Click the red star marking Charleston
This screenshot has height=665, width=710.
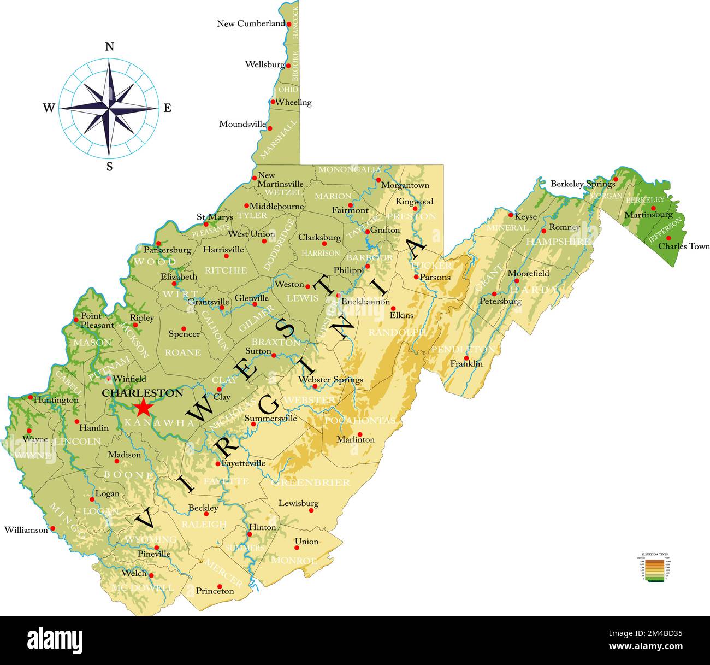pos(143,408)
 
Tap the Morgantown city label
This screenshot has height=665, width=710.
pos(405,185)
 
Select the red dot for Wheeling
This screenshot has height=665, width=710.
pos(273,102)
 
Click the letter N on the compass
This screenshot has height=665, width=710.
pos(109,46)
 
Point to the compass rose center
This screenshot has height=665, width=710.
pos(109,108)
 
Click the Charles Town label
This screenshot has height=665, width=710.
pos(684,246)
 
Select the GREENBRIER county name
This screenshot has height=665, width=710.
pos(310,482)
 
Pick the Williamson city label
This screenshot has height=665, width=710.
pos(26,529)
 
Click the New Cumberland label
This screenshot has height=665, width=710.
pos(251,23)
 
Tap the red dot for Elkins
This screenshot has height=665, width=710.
pos(393,308)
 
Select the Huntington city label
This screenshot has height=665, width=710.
pos(56,400)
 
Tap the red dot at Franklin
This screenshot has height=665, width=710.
pos(466,357)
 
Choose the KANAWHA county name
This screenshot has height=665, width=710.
pos(159,423)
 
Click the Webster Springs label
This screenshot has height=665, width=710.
pos(330,379)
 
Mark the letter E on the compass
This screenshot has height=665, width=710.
pos(168,108)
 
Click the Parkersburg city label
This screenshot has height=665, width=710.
pos(167,250)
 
